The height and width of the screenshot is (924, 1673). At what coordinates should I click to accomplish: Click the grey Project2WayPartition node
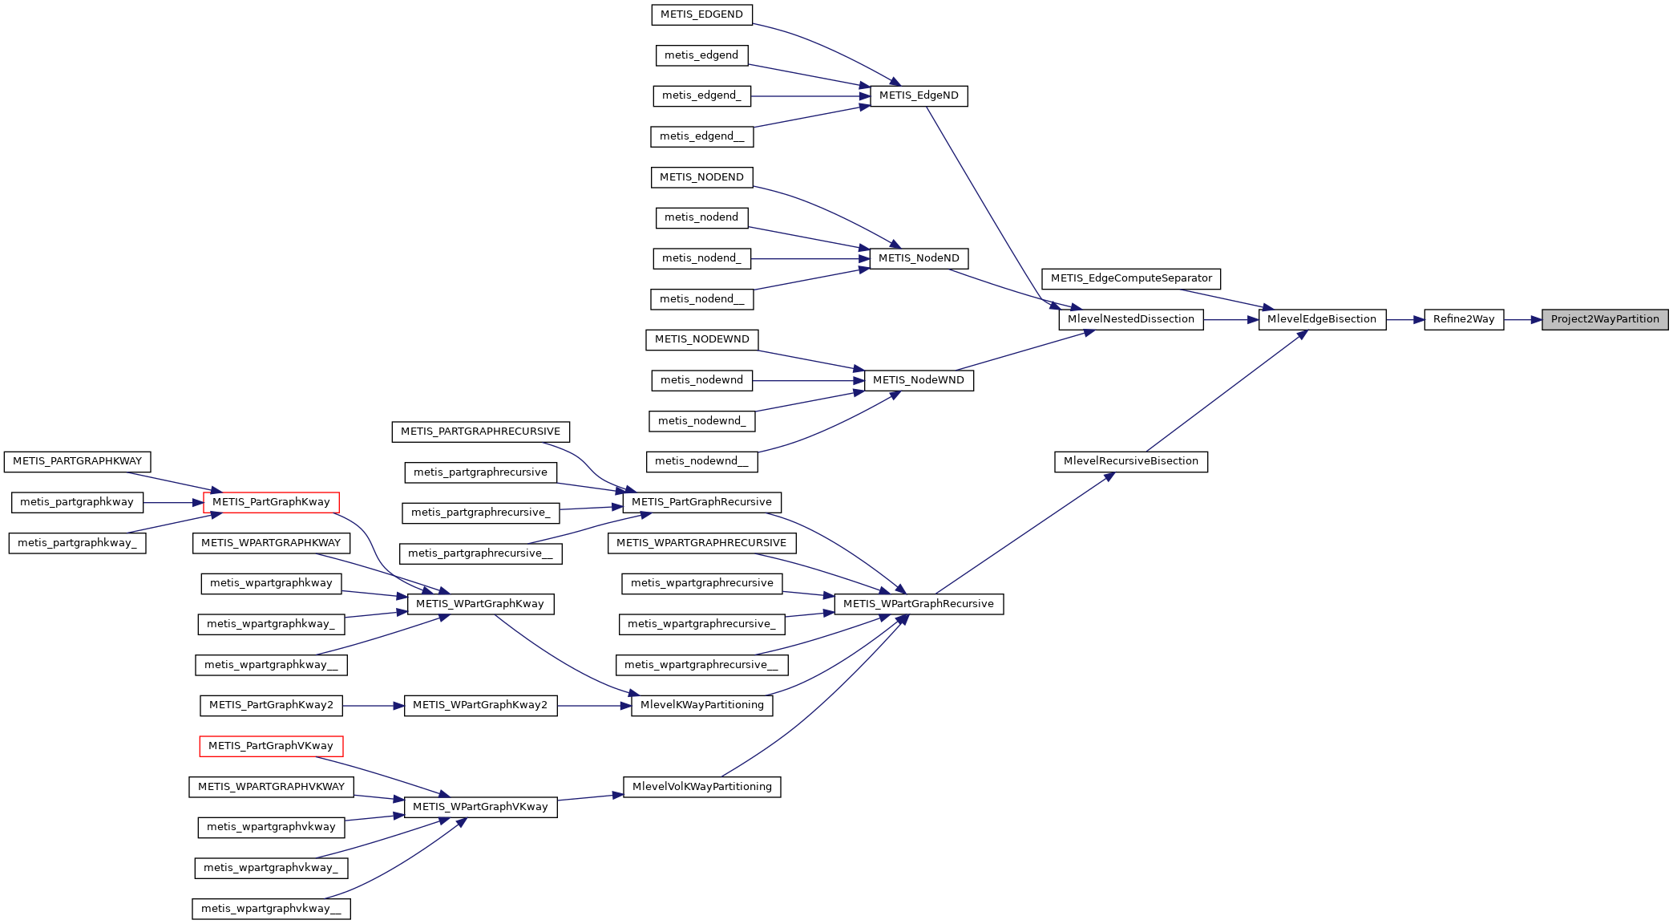[x=1604, y=319]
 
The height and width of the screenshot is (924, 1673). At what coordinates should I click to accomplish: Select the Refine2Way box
[x=1463, y=319]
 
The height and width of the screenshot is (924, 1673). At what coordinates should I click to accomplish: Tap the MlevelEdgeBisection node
[x=1321, y=319]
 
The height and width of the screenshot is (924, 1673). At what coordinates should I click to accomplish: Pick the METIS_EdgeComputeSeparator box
[x=1130, y=278]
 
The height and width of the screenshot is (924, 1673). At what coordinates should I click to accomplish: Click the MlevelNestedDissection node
[x=1130, y=319]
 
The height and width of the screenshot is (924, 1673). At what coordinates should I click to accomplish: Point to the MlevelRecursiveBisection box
[x=1130, y=461]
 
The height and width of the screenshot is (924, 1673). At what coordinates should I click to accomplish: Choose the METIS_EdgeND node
[x=919, y=95]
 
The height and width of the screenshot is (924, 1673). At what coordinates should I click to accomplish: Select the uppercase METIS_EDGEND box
[x=701, y=14]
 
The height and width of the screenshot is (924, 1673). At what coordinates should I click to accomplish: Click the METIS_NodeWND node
[x=919, y=380]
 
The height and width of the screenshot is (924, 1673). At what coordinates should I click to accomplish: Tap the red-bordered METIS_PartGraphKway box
[x=271, y=502]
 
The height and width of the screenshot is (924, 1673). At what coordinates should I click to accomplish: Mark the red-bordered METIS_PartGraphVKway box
[x=271, y=746]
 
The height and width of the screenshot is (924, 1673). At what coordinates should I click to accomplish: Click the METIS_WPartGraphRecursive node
[x=919, y=604]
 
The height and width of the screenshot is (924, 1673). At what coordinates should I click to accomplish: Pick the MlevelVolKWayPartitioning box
[x=701, y=787]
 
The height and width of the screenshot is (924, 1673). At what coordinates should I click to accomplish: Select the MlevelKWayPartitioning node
[x=701, y=705]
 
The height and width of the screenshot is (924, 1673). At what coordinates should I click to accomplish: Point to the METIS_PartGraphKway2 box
[x=271, y=705]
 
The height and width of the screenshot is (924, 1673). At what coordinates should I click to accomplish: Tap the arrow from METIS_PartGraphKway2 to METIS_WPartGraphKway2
[x=373, y=706]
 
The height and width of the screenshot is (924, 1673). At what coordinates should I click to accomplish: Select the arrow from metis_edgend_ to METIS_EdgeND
[x=810, y=96]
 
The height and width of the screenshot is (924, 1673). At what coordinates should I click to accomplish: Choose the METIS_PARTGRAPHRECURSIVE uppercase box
[x=480, y=432]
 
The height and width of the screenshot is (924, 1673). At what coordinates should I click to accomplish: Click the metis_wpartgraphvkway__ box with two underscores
[x=271, y=909]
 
